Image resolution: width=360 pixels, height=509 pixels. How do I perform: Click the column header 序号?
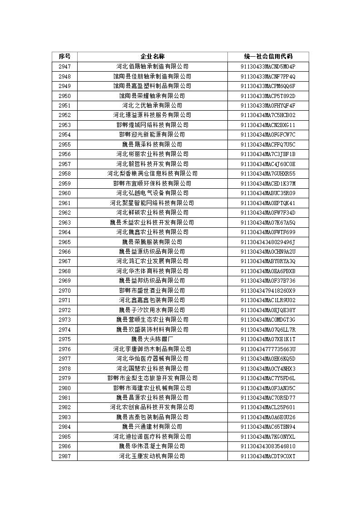coord(64,57)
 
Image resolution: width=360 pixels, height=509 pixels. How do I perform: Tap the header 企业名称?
coord(152,57)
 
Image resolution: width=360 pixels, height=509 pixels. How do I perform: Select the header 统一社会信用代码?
coord(268,57)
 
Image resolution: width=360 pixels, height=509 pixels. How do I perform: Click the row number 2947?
coord(64,67)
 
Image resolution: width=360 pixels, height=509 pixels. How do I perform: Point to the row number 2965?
coord(64,242)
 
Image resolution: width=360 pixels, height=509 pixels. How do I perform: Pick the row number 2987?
coord(64,456)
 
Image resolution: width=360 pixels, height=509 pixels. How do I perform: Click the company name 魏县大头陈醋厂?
coord(152,339)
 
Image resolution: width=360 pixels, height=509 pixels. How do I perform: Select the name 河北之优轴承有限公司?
coord(152,106)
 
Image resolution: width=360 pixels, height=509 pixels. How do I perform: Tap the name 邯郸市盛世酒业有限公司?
coord(152,291)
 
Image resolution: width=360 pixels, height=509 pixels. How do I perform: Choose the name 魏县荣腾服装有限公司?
coord(152,242)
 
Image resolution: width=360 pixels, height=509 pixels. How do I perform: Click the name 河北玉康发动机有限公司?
coord(152,456)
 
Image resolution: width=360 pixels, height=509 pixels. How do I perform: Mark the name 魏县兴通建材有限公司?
coord(152,427)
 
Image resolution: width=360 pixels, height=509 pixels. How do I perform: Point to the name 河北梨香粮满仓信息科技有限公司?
coord(152,174)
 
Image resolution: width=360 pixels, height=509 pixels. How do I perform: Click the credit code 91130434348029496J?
coord(268,242)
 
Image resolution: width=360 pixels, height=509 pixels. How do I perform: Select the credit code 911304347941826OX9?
coord(268,291)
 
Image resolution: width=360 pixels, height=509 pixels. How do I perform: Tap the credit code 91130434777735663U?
coord(268,349)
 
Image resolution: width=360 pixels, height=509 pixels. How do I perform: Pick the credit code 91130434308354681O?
coord(268,446)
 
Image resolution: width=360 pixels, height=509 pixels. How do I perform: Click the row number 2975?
coord(64,339)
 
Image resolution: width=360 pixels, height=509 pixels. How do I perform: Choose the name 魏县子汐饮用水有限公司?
coord(152,310)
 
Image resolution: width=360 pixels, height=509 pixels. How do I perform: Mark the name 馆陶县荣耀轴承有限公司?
coord(152,96)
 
